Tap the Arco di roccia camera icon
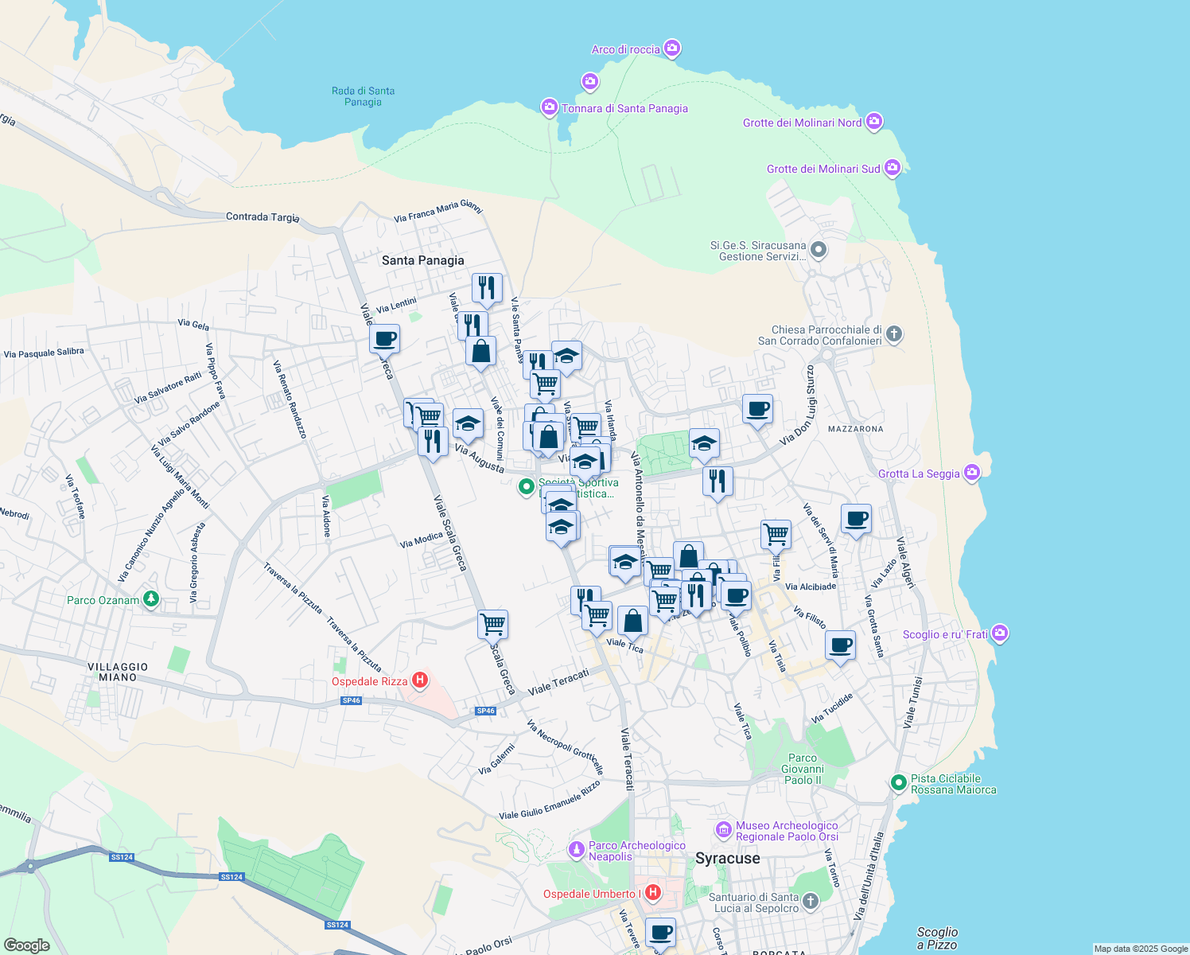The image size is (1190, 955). (x=672, y=49)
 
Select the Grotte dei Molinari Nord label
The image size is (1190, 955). (x=802, y=123)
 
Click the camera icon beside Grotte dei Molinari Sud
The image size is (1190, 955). (x=892, y=168)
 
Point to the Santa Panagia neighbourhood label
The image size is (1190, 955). (x=422, y=260)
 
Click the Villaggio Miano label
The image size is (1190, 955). (x=118, y=672)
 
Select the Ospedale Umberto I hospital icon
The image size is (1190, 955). (x=653, y=893)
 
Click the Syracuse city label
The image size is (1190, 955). (x=727, y=858)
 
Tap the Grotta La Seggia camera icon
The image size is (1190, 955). (x=971, y=473)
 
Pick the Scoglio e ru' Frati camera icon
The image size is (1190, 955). (x=1000, y=633)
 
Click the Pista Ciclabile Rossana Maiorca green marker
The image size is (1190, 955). (x=899, y=783)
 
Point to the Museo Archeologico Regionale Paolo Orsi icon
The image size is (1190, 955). (x=723, y=830)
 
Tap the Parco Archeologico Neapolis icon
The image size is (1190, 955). (x=577, y=850)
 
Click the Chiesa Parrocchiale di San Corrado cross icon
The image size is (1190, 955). (x=894, y=334)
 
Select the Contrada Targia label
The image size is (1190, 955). (x=262, y=216)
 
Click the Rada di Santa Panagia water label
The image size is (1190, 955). (x=363, y=96)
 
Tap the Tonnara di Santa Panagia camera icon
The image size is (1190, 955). (x=549, y=107)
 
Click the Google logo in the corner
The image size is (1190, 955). (x=26, y=945)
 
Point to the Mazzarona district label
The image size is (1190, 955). (x=855, y=429)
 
